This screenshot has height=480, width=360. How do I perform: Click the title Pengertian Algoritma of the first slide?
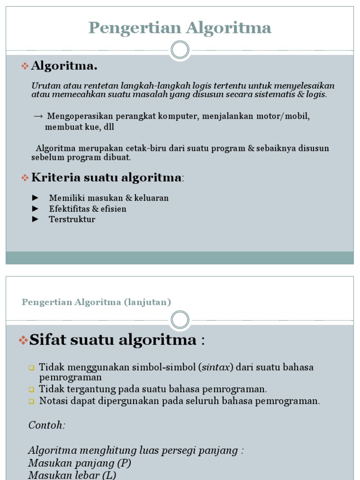(180, 28)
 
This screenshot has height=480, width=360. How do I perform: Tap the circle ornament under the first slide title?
(180, 50)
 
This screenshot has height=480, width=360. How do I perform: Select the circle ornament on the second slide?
(180, 320)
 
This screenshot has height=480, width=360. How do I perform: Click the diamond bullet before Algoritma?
(25, 67)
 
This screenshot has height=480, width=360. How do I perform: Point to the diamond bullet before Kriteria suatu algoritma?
(25, 178)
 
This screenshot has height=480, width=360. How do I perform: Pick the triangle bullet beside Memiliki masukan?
(35, 198)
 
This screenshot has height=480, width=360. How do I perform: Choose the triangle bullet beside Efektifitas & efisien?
(35, 209)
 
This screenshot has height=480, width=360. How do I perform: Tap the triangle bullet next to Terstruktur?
(35, 219)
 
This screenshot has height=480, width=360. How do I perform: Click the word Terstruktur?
(72, 219)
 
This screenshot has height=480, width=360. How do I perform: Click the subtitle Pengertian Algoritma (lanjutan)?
(96, 302)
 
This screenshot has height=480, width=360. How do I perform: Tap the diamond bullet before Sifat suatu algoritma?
(23, 341)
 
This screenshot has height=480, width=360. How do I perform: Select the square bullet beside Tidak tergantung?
(31, 390)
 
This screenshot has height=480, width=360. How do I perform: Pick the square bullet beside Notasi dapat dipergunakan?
(31, 401)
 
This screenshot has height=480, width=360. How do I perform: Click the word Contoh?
(47, 425)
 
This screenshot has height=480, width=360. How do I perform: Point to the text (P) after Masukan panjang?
(124, 463)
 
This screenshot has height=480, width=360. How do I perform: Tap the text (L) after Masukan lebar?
(109, 475)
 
